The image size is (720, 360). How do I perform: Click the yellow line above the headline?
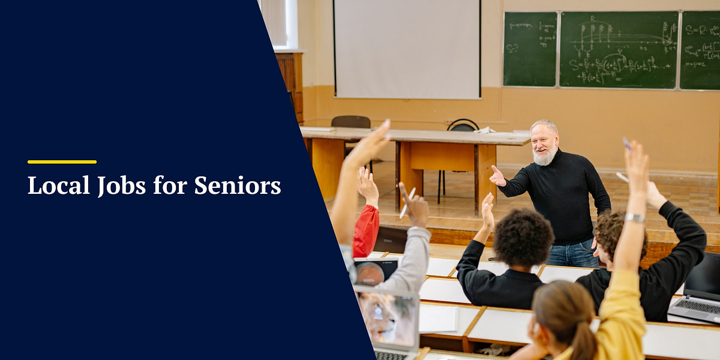tap(62, 162)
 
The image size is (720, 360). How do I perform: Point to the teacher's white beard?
tap(545, 157)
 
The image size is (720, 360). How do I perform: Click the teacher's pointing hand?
tap(497, 176)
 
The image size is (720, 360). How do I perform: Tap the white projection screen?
tap(407, 48)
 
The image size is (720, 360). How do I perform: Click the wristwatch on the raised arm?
tap(634, 218)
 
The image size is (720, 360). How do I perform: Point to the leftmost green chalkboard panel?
tap(530, 49)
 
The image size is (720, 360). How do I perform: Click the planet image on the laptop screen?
tap(370, 273)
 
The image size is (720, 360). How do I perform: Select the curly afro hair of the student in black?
tap(523, 238)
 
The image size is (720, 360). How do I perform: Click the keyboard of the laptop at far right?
tap(696, 306)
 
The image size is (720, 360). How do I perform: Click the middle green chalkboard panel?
tap(618, 50)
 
